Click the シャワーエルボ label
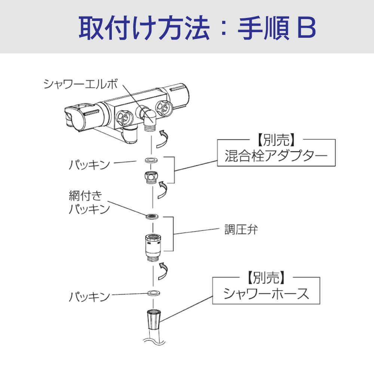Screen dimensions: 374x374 click(80, 84)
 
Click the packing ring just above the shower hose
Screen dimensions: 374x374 click(152, 292)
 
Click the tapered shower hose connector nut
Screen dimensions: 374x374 click(152, 318)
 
